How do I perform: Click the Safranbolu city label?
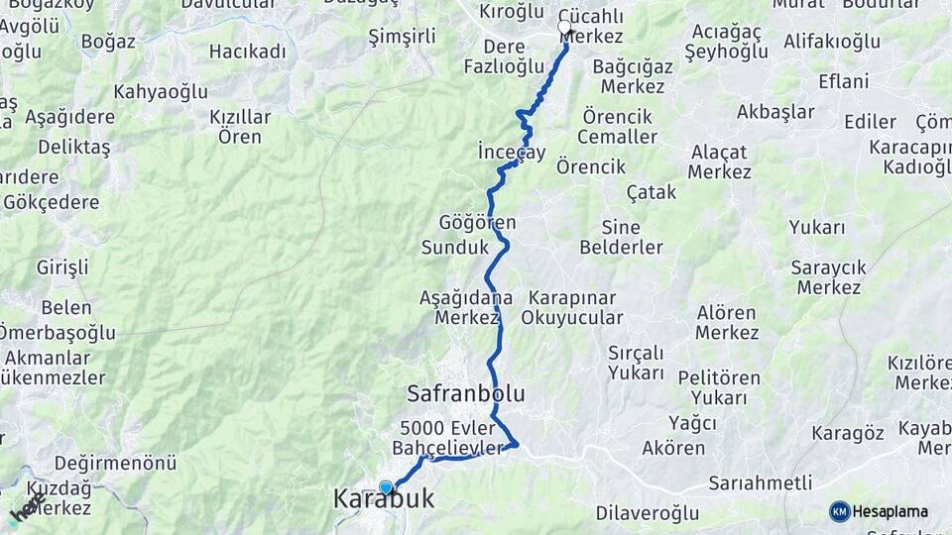click(465, 393)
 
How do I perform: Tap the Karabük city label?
click(384, 499)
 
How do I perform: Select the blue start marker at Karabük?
click(386, 486)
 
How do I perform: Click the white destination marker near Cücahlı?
click(565, 28)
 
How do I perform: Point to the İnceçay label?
click(512, 153)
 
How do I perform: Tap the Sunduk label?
click(455, 247)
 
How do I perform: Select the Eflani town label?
click(844, 81)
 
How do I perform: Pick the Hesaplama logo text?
click(890, 511)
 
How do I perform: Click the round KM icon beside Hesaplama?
click(839, 511)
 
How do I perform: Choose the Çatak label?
click(652, 192)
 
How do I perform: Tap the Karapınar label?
click(572, 297)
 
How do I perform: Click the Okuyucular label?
click(572, 318)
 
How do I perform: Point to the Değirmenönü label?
click(115, 463)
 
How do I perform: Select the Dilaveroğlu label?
click(647, 513)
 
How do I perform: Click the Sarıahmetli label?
click(761, 483)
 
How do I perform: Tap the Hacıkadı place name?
click(247, 52)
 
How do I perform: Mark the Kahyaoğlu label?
click(160, 92)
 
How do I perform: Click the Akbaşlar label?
click(774, 112)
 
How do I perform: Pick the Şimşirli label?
click(402, 37)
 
